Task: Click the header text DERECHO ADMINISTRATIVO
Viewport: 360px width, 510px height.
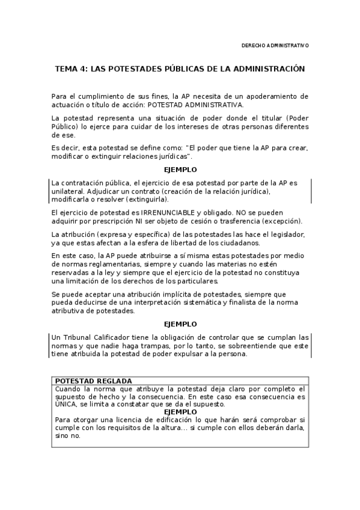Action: [275, 45]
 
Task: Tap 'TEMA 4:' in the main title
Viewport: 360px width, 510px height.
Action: [71, 69]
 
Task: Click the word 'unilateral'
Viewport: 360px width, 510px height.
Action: [67, 191]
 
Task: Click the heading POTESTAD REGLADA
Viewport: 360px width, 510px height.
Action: [93, 381]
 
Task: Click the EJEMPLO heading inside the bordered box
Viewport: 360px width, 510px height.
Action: [180, 412]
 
